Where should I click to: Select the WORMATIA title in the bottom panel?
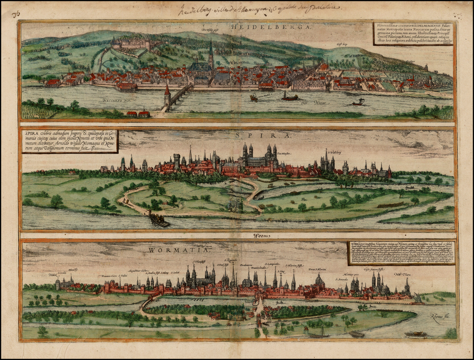click(x=179, y=250)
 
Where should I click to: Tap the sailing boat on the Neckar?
click(x=290, y=96)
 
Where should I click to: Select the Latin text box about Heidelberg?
click(x=413, y=33)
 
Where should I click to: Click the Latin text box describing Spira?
click(x=69, y=141)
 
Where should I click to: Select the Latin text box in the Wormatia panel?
click(x=401, y=253)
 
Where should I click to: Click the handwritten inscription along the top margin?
click(x=259, y=8)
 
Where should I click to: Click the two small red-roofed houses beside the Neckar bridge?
click(x=138, y=113)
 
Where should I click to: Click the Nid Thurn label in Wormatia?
click(x=401, y=275)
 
